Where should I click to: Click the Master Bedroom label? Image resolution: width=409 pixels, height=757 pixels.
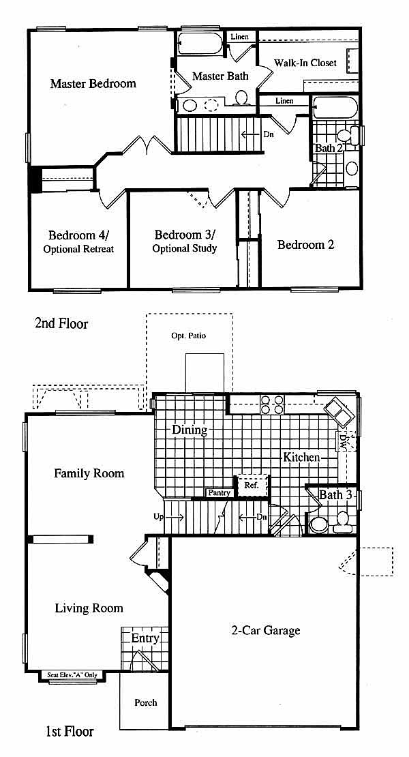pyautogui.click(x=93, y=83)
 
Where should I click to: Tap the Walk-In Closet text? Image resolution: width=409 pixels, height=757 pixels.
pyautogui.click(x=305, y=63)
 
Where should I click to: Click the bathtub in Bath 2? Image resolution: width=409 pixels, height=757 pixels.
pyautogui.click(x=335, y=107)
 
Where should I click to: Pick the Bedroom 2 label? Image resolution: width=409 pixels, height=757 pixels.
pyautogui.click(x=306, y=245)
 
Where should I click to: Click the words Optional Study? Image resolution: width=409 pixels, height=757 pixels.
pyautogui.click(x=185, y=249)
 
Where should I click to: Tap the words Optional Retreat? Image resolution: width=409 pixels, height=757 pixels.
pyautogui.click(x=78, y=250)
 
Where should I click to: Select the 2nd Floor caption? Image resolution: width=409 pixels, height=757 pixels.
pyautogui.click(x=61, y=323)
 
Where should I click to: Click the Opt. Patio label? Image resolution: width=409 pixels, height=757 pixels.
pyautogui.click(x=189, y=336)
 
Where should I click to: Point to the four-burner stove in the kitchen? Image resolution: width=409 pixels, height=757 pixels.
pyautogui.click(x=272, y=404)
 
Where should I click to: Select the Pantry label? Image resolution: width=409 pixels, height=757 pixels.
pyautogui.click(x=219, y=493)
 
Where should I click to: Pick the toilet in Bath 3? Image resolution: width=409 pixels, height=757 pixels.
pyautogui.click(x=343, y=522)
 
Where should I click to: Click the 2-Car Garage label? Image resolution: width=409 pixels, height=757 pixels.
pyautogui.click(x=267, y=630)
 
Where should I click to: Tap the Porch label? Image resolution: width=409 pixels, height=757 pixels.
pyautogui.click(x=146, y=702)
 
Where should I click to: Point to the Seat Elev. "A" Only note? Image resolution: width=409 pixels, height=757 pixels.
pyautogui.click(x=72, y=675)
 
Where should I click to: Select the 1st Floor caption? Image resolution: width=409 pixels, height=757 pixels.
pyautogui.click(x=70, y=731)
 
